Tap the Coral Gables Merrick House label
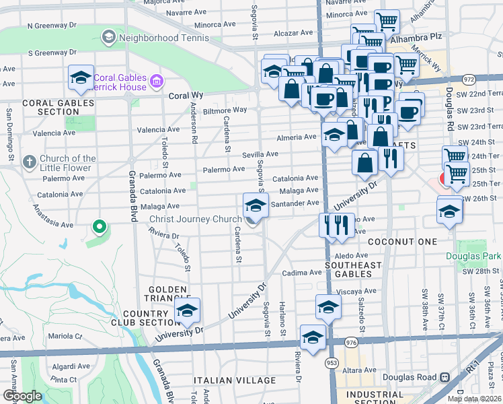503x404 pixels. click(x=120, y=81)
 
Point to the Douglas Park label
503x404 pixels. click(x=473, y=257)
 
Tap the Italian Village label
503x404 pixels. click(x=235, y=380)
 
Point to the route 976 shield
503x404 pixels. click(x=350, y=343)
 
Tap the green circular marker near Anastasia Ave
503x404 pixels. click(x=100, y=227)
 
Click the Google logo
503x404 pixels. click(x=22, y=396)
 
